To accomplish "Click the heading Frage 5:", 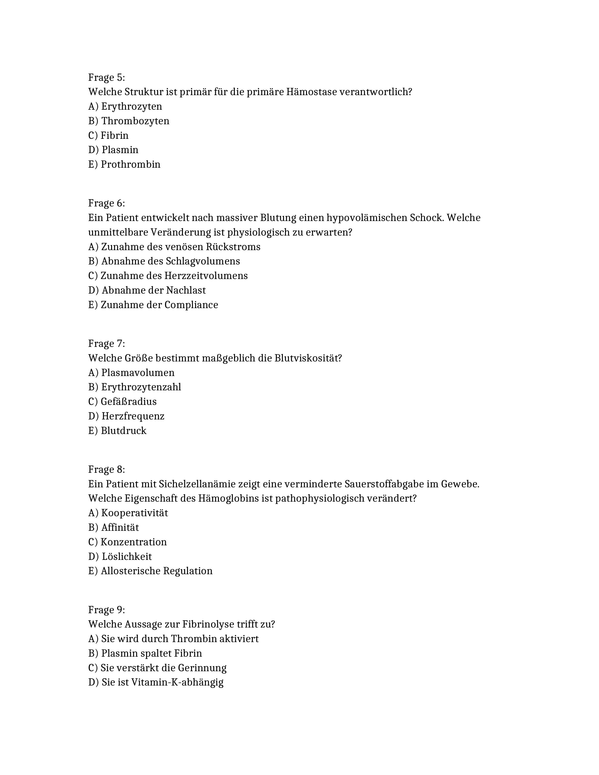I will (106, 77).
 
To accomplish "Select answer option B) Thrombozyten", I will (129, 121).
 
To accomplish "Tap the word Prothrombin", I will (131, 164).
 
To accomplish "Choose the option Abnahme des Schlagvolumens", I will (164, 261).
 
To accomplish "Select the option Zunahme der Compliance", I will (153, 305).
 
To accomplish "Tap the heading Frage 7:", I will (106, 344).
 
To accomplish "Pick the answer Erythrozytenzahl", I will (135, 387).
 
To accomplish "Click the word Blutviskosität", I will (308, 358).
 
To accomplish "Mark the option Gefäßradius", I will (122, 401).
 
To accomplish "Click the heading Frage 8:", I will (106, 469).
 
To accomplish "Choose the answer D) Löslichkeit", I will (120, 556).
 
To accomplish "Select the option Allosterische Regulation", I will (150, 571).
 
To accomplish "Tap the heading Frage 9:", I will (106, 610).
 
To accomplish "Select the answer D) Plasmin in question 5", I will (113, 150).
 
